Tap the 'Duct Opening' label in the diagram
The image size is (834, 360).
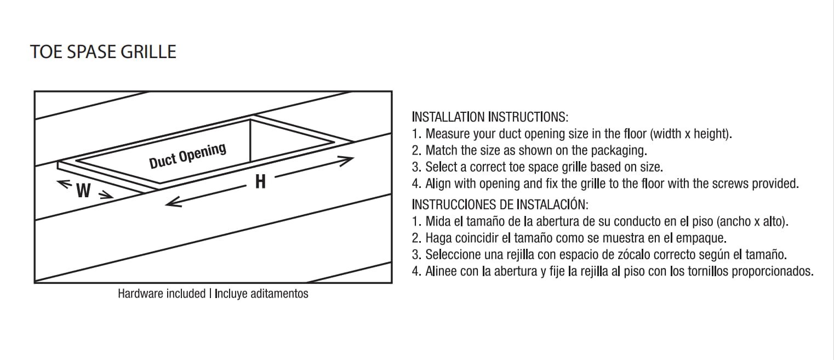[187, 156]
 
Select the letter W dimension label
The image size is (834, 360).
[83, 191]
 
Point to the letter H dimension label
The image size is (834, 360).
[260, 181]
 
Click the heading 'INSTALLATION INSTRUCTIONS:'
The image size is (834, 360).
[490, 117]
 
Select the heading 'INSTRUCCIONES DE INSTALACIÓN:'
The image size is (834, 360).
[499, 205]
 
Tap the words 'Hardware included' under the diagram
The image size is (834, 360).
[161, 294]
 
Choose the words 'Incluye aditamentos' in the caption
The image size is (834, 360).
[261, 294]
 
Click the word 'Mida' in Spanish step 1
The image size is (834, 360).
[437, 222]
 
